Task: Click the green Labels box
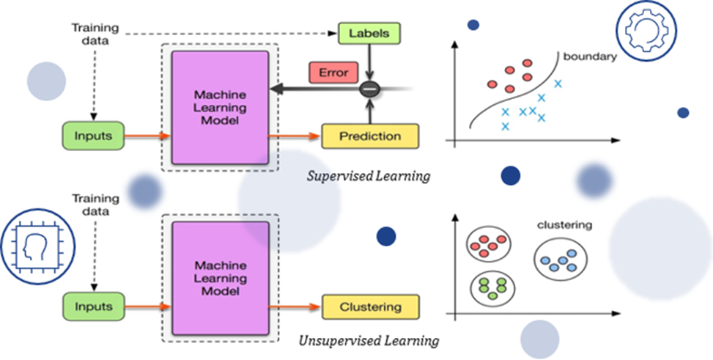[369, 33]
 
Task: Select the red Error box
[333, 73]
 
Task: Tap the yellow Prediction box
[369, 136]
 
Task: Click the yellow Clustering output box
[370, 306]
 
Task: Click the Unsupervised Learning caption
[369, 341]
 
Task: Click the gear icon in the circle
[640, 30]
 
